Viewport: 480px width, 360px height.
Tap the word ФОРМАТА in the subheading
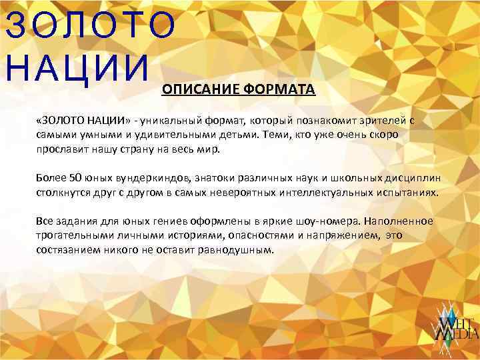pos(279,90)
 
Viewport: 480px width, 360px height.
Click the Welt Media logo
pos(457,326)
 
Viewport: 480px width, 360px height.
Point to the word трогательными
pos(75,235)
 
